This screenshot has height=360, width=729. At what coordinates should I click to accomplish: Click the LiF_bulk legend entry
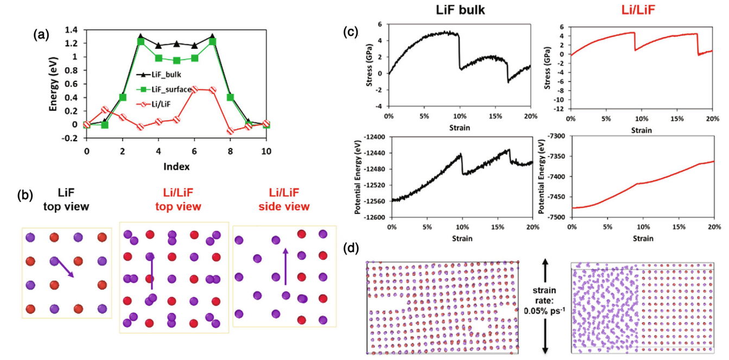point(159,74)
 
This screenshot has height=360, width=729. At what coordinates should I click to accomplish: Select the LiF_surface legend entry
point(164,89)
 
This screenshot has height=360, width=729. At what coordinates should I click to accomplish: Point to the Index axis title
point(176,167)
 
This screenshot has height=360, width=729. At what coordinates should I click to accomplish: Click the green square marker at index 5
point(177,60)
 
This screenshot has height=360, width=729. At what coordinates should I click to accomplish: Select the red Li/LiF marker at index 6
point(195,90)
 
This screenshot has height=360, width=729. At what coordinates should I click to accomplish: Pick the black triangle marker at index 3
point(141,36)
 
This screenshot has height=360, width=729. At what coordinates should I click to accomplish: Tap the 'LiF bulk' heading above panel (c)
point(460,10)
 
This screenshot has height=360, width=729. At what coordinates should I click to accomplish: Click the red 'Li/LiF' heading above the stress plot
point(638,10)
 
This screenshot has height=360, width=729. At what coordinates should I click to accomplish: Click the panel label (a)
point(41,35)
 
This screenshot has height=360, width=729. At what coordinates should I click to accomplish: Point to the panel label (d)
point(351,248)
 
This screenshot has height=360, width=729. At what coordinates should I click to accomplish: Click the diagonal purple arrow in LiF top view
point(64,268)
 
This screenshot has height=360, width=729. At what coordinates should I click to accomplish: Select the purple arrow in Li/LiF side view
point(286,267)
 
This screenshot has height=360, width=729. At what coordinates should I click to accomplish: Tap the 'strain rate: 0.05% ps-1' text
point(544,300)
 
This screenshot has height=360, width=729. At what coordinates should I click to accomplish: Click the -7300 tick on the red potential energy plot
point(557,136)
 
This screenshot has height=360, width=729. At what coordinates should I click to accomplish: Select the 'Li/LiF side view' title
point(284,199)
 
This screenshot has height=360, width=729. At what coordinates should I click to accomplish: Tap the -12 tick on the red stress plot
point(562,109)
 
